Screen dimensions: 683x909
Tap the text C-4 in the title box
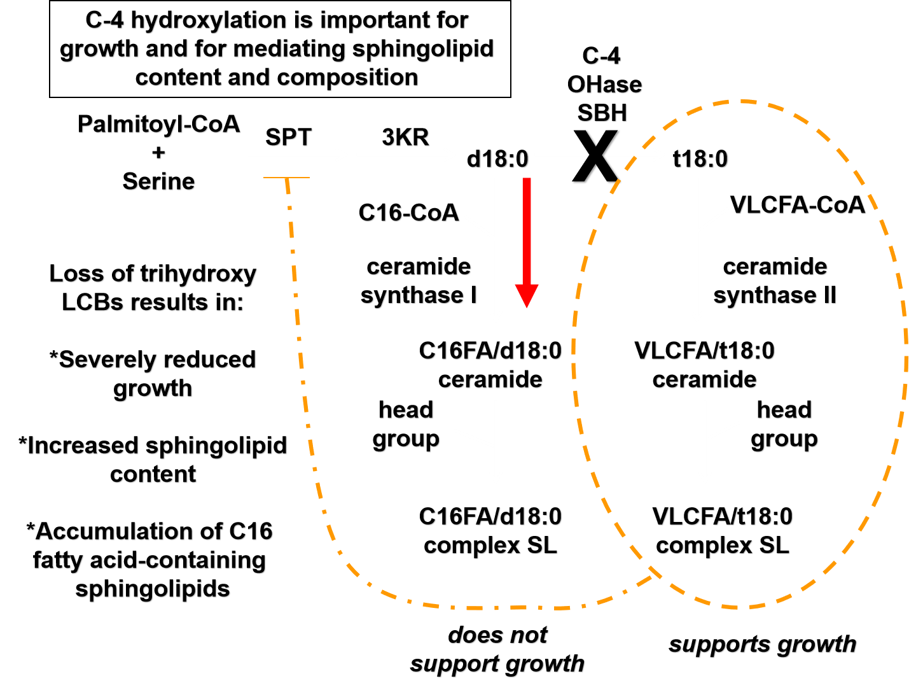click(x=104, y=20)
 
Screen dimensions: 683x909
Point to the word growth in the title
click(x=99, y=49)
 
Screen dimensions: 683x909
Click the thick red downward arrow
click(x=527, y=236)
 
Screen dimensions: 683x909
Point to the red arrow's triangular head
click(x=527, y=295)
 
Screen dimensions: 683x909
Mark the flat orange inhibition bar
click(x=286, y=178)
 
